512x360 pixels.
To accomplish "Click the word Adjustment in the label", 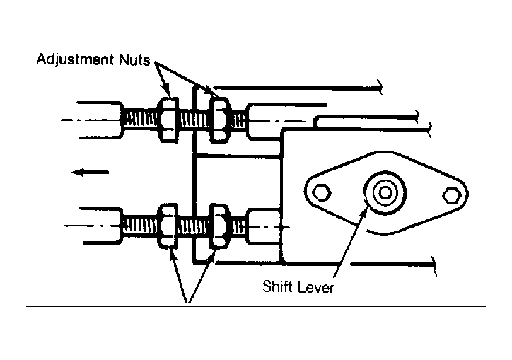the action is (75, 60).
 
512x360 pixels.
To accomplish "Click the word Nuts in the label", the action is (134, 60).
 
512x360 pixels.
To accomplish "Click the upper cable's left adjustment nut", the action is (168, 120).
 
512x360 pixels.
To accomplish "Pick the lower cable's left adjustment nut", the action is (168, 226).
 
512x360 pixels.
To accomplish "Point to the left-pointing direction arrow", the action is (90, 172).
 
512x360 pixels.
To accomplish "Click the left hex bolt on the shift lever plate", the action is (322, 192).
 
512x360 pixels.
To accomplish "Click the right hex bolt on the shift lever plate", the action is (452, 195).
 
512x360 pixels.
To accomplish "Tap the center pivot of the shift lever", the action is (385, 193).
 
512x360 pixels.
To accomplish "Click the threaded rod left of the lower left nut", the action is (141, 226).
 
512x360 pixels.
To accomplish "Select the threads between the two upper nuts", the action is (194, 120).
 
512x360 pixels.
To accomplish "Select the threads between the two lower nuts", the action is (194, 226).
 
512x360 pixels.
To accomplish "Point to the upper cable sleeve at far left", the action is (100, 120).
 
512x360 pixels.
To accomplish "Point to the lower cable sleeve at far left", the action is (101, 226).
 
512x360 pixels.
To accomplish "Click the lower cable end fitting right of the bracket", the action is (263, 226).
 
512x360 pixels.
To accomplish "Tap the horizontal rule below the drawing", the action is (256, 306).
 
